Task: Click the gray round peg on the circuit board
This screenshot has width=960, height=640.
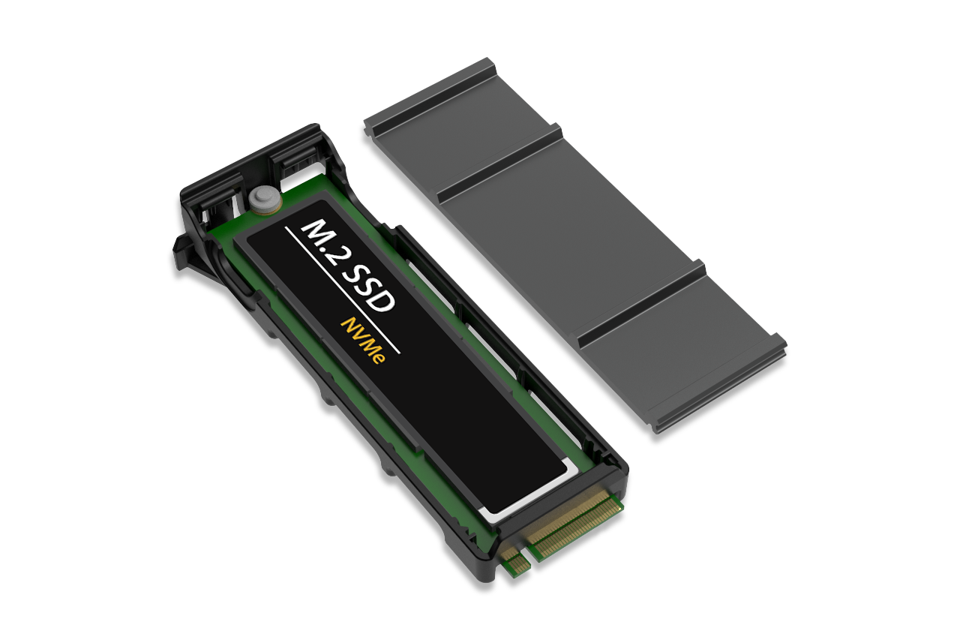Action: click(265, 200)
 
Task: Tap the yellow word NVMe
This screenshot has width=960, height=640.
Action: click(362, 341)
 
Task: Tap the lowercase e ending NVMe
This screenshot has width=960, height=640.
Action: click(378, 357)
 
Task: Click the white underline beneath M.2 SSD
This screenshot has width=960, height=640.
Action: click(343, 291)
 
